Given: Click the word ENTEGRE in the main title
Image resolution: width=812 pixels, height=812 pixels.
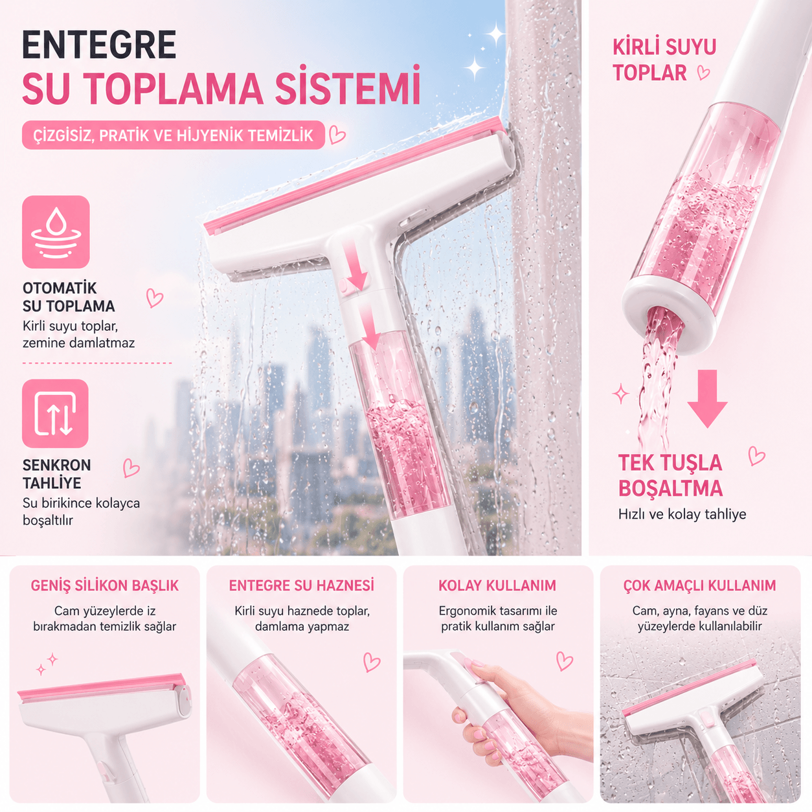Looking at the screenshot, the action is [x=99, y=45].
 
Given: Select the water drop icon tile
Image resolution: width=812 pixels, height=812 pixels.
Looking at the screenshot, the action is [x=56, y=232].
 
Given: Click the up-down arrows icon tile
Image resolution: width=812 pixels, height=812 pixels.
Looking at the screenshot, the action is [x=55, y=413].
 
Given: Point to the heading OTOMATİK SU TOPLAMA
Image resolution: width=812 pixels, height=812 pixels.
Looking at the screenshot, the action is [x=69, y=297].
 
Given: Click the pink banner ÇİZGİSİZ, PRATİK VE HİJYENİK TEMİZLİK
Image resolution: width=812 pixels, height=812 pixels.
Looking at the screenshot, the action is [x=173, y=135].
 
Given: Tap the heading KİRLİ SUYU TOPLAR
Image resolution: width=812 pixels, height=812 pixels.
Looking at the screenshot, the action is [x=664, y=60].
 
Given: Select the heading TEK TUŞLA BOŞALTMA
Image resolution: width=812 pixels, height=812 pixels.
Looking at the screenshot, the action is [x=670, y=476].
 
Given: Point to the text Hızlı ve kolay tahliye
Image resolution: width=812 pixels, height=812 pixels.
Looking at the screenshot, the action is [x=682, y=514].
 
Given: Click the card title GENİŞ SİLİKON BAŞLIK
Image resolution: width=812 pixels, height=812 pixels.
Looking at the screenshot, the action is [x=104, y=585].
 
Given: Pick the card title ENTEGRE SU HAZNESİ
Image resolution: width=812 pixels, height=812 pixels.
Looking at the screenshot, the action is [x=301, y=585].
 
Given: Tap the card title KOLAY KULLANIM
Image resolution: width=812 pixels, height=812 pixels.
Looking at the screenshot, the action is [x=497, y=585].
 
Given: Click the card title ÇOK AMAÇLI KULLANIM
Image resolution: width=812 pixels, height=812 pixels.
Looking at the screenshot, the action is [x=699, y=585].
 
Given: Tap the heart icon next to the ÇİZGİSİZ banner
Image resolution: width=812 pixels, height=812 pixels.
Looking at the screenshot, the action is [x=337, y=135].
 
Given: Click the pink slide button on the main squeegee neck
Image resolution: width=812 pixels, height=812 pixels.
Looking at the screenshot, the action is [x=344, y=286].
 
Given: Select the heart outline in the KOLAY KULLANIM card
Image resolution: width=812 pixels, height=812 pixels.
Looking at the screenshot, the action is [x=564, y=660].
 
